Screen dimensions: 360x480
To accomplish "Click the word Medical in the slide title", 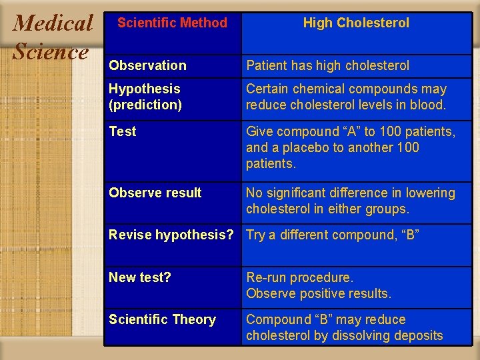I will click(53, 23).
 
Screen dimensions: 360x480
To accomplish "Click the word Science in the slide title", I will click(51, 51).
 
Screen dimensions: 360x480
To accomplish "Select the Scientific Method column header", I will click(172, 23).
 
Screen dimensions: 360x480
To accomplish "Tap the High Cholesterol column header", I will click(356, 23).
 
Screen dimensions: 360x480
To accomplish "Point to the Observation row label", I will click(147, 65).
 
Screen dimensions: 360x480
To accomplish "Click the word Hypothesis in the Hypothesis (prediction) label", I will click(145, 89).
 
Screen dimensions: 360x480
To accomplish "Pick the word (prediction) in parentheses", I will click(145, 105).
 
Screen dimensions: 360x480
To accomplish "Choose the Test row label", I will click(122, 131).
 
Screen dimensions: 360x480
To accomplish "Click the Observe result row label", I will click(155, 193).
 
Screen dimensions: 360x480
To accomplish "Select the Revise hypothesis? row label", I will click(171, 235).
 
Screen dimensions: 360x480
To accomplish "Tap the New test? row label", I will click(140, 277).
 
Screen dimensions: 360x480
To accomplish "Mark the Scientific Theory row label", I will click(162, 319).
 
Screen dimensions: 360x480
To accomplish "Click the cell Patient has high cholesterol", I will click(327, 65).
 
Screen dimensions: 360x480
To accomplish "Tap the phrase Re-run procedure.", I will click(299, 277).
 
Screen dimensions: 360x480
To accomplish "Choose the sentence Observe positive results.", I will click(319, 293).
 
